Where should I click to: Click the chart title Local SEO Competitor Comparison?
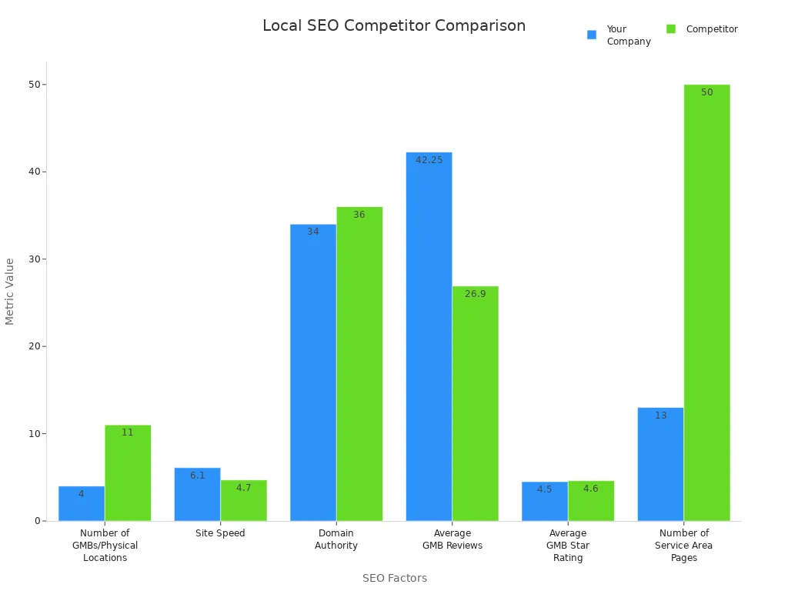(394, 25)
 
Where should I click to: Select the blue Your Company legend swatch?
(592, 35)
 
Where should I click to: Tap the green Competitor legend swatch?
(671, 29)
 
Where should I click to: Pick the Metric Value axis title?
(10, 291)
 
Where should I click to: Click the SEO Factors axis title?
(394, 578)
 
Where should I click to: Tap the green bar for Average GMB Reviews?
(475, 403)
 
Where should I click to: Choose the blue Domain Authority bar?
(313, 372)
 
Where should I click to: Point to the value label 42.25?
(429, 160)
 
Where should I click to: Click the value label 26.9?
(475, 294)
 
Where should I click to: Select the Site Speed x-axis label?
(220, 533)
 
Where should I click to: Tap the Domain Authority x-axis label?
(336, 539)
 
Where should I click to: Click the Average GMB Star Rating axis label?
(568, 545)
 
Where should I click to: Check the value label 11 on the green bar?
(128, 432)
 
